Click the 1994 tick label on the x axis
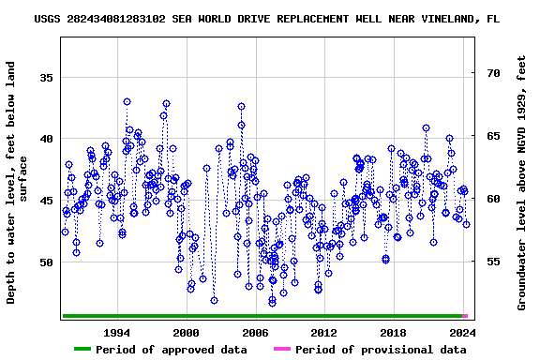pyautogui.click(x=116, y=332)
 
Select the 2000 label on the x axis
pyautogui.click(x=186, y=332)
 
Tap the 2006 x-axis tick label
pyautogui.click(x=255, y=332)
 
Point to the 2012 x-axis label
pyautogui.click(x=323, y=332)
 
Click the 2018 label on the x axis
pyautogui.click(x=393, y=332)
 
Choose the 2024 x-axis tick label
pyautogui.click(x=462, y=332)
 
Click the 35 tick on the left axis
pyautogui.click(x=46, y=77)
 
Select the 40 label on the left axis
pyautogui.click(x=46, y=139)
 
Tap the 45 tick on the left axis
pyautogui.click(x=46, y=201)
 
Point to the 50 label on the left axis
pyautogui.click(x=46, y=262)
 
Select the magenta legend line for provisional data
pyautogui.click(x=281, y=350)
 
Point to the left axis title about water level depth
pyautogui.click(x=18, y=182)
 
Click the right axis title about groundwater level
pyautogui.click(x=522, y=182)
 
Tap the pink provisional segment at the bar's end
pyautogui.click(x=465, y=316)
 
